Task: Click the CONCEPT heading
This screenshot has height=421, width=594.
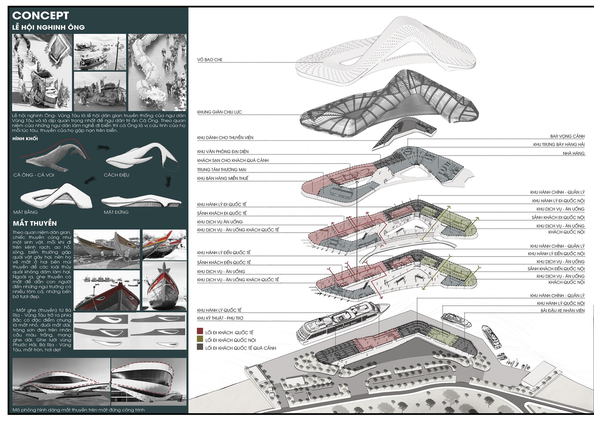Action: [40, 15]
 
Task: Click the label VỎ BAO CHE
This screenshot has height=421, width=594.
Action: [210, 60]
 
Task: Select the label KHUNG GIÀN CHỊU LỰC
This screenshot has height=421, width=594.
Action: [219, 112]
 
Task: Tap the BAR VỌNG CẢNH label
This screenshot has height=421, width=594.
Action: [567, 136]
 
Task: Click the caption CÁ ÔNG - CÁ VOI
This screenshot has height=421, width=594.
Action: [34, 175]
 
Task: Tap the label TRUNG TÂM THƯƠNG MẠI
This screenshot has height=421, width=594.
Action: [222, 170]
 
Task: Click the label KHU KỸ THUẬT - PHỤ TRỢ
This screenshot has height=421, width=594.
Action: [220, 318]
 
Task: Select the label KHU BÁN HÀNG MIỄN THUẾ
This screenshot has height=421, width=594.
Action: [223, 179]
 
